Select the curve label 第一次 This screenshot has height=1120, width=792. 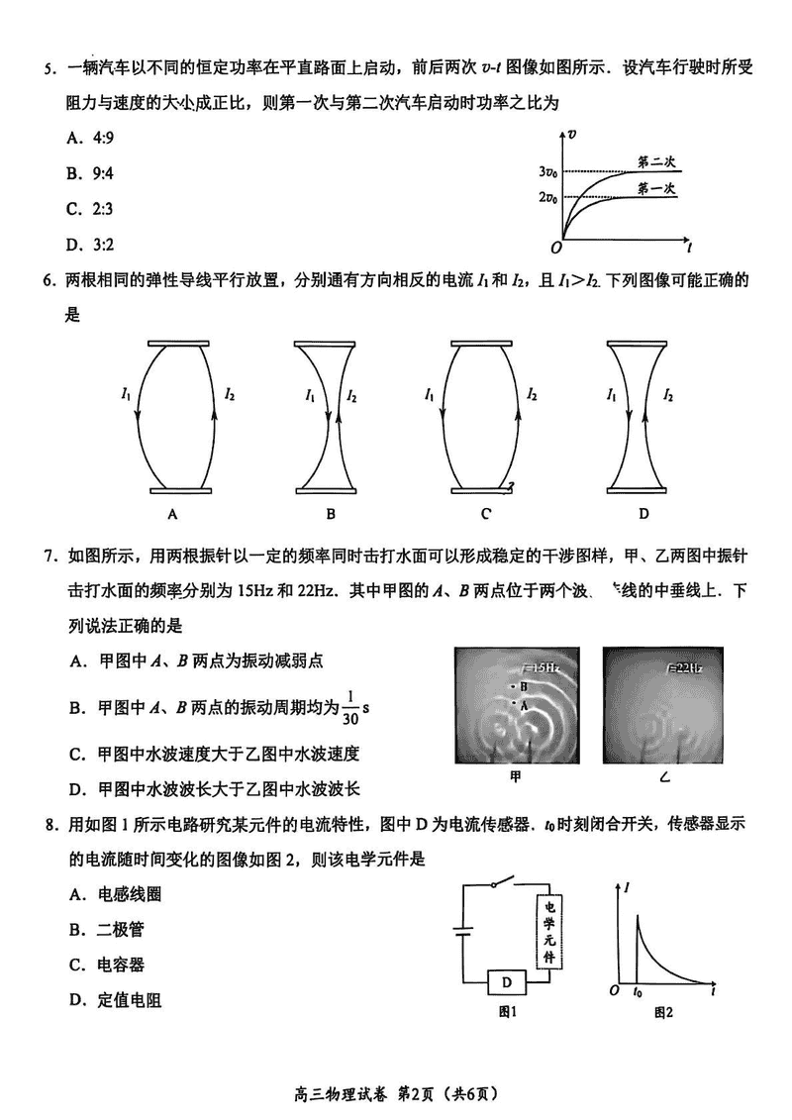(656, 187)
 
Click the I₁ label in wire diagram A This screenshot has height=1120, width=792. (125, 395)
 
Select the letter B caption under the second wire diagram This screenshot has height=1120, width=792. (331, 513)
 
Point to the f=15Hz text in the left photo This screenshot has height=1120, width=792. (539, 669)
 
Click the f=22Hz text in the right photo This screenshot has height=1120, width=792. (682, 668)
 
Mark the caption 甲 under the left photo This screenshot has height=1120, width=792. (515, 777)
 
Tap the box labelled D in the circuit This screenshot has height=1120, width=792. (506, 981)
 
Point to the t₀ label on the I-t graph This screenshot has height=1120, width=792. (638, 991)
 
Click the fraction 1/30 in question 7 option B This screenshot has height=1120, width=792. (350, 708)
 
